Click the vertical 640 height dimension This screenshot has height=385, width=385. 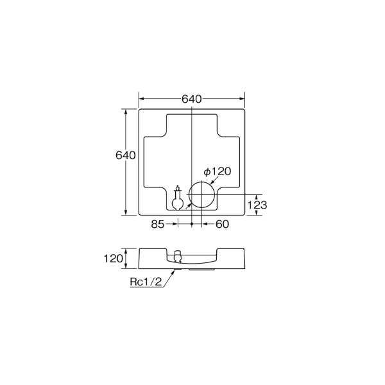(125, 155)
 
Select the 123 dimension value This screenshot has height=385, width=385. (257, 205)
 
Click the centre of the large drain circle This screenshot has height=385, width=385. (203, 195)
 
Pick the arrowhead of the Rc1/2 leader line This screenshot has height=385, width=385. (175, 272)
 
